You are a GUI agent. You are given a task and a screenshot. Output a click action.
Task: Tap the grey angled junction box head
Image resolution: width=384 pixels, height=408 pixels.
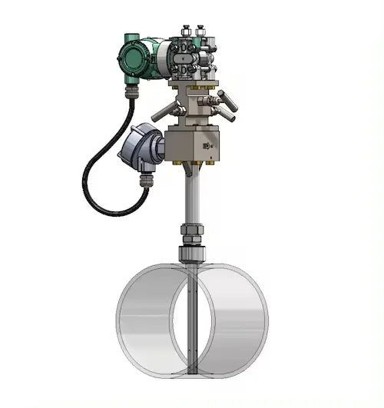point(141,147)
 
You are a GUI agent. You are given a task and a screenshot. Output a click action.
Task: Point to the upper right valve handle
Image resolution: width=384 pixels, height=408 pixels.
point(228,98)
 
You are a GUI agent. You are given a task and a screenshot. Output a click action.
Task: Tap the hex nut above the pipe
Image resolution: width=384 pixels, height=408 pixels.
point(192,231)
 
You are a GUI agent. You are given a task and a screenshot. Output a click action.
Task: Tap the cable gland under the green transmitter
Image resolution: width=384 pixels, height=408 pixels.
point(132,91)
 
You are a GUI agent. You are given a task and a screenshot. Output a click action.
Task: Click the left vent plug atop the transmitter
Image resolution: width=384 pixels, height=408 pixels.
point(186,32)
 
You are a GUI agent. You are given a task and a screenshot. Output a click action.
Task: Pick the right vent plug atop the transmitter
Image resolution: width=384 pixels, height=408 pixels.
point(201,32)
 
